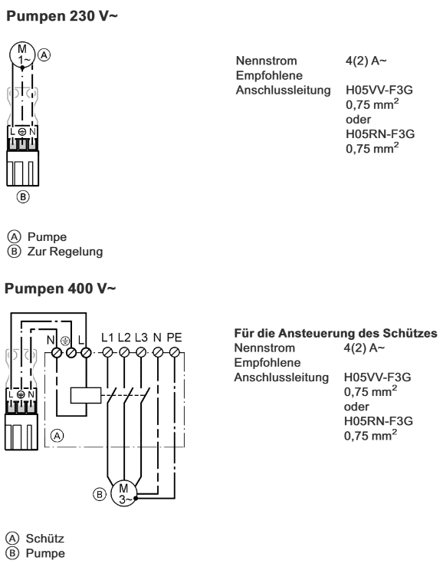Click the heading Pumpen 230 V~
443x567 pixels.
click(x=62, y=16)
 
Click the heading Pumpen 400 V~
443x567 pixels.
click(x=61, y=288)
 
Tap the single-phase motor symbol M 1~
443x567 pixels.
click(x=22, y=54)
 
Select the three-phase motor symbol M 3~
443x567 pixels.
click(x=123, y=493)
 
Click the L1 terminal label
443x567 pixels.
click(x=107, y=338)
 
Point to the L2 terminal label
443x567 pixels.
click(x=124, y=338)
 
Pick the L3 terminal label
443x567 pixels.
click(x=141, y=338)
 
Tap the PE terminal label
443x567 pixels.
click(x=174, y=338)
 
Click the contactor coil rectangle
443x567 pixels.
click(x=86, y=395)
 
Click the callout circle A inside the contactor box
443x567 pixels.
click(x=57, y=436)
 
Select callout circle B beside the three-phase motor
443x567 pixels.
click(x=100, y=494)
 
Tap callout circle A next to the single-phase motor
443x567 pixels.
click(x=44, y=55)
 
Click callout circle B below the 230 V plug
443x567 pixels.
click(x=23, y=197)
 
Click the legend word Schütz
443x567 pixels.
click(x=44, y=539)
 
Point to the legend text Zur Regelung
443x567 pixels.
click(x=65, y=252)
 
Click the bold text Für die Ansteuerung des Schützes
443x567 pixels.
click(x=336, y=333)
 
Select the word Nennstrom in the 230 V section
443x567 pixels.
click(x=266, y=61)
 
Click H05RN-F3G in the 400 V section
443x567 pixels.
click(x=379, y=421)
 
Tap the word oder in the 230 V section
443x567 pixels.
click(x=358, y=120)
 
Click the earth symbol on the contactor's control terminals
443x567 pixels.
click(x=65, y=340)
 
